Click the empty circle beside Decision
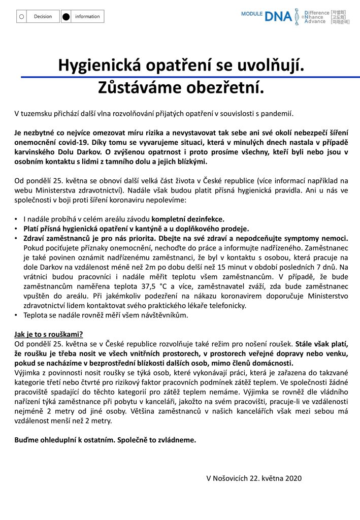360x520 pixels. point(21,17)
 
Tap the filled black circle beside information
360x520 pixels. point(66,17)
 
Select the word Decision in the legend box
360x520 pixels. point(43,17)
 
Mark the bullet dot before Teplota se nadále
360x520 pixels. point(16,315)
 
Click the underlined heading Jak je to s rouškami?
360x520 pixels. point(49,334)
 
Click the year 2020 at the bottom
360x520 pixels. point(293,478)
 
